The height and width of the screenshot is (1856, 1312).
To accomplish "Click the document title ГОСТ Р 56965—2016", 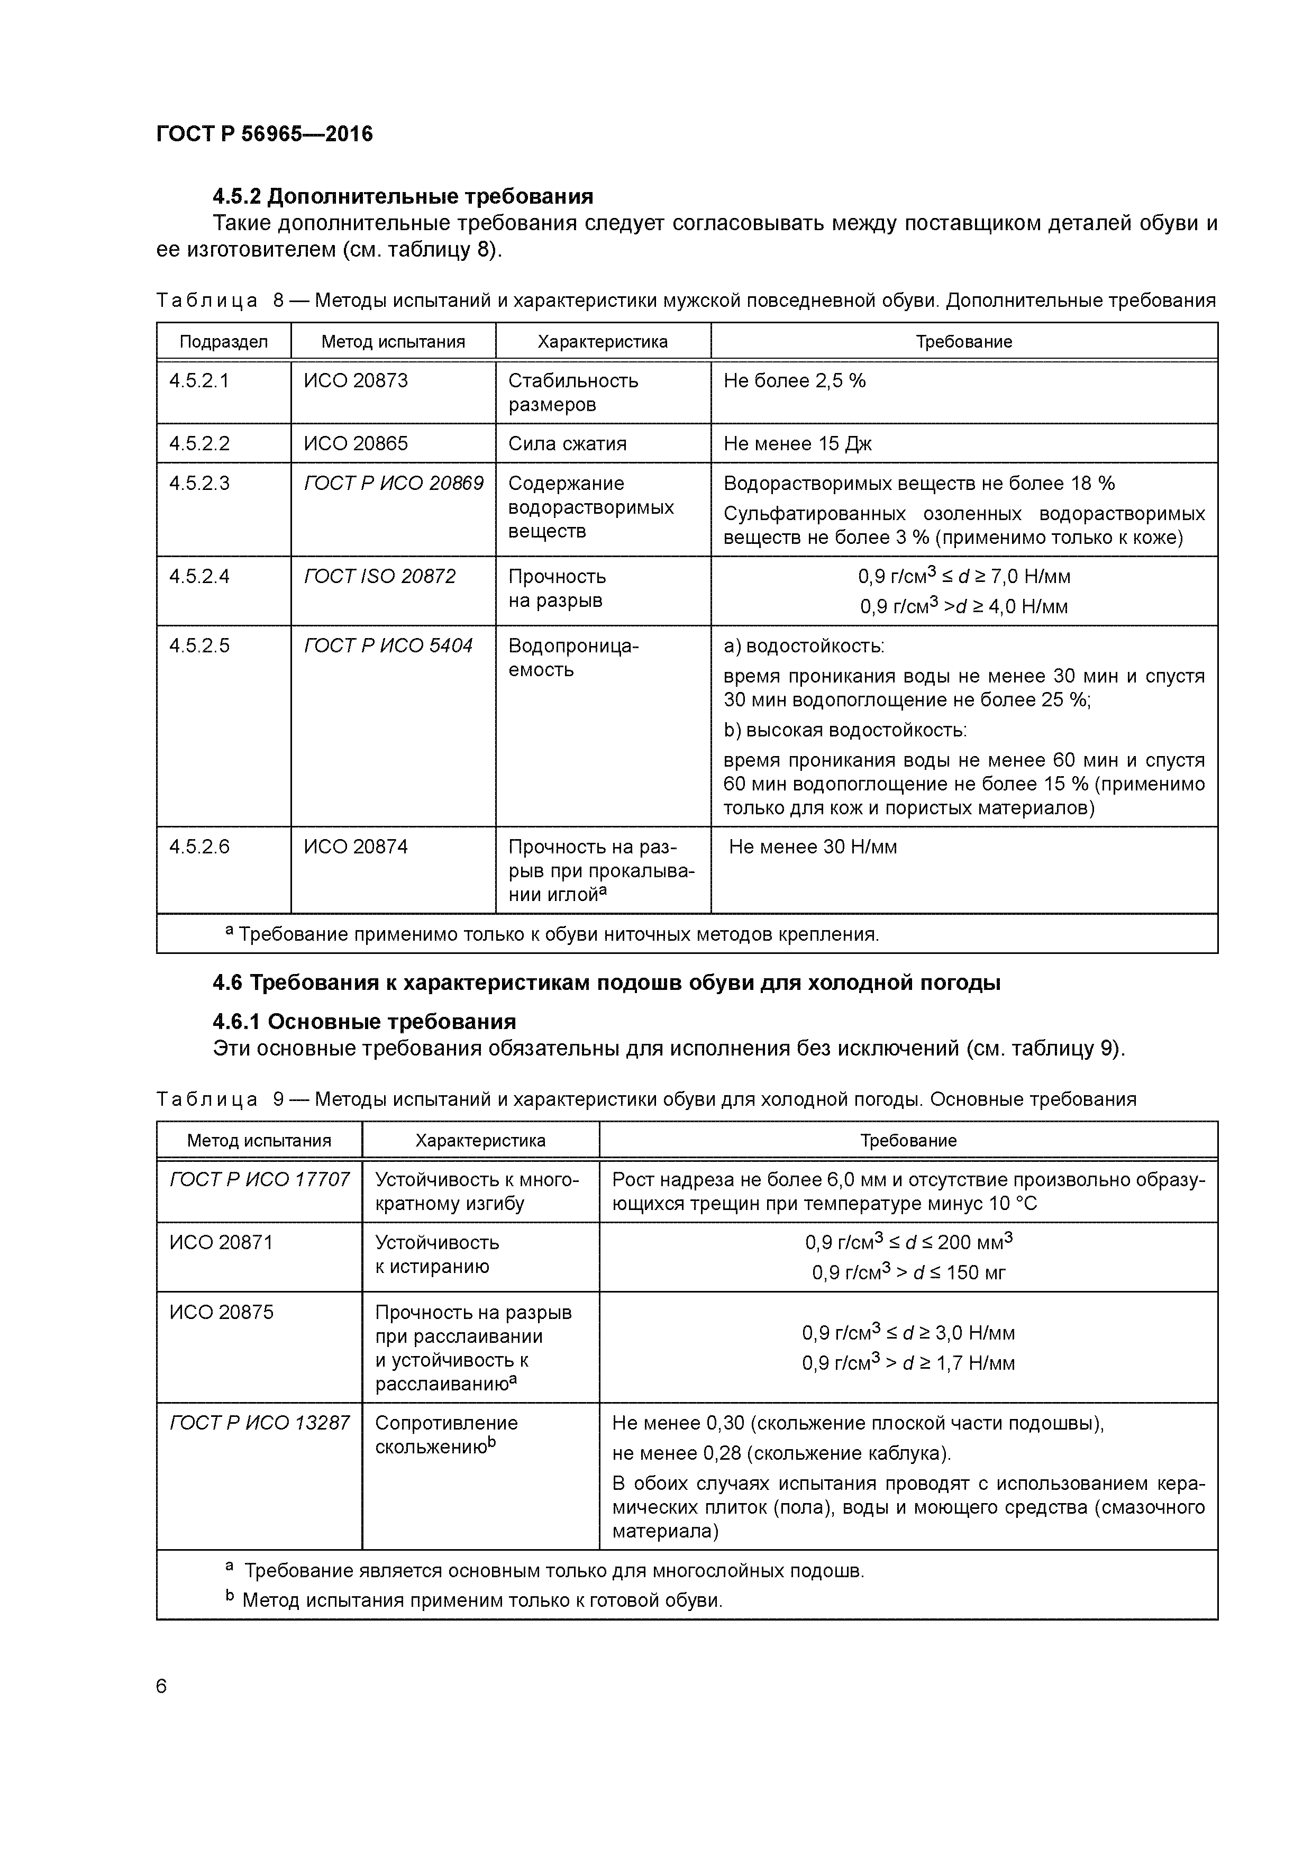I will (x=265, y=133).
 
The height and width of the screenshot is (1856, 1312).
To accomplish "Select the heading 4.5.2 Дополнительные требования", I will (x=403, y=196).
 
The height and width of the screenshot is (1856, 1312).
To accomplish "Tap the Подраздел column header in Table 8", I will (x=223, y=342).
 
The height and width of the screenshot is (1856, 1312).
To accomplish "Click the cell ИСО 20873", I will (x=356, y=381).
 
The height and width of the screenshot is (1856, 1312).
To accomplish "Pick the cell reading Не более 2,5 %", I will (x=794, y=381).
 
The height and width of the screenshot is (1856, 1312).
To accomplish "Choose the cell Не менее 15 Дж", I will (x=797, y=444).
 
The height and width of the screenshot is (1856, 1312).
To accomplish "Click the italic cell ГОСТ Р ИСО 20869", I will (x=393, y=484).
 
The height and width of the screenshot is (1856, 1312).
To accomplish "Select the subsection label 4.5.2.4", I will (x=199, y=576).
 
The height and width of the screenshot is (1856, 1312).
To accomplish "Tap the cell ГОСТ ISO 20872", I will (x=379, y=576).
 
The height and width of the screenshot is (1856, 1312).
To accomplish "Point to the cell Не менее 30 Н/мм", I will (x=813, y=847).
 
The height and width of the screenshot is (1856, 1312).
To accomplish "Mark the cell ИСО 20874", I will (x=356, y=847).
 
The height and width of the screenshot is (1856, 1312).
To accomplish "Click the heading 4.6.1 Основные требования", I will (x=364, y=1022).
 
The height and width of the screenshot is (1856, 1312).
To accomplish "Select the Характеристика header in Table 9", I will (x=480, y=1141).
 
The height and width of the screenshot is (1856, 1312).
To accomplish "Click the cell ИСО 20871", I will (x=221, y=1242).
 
